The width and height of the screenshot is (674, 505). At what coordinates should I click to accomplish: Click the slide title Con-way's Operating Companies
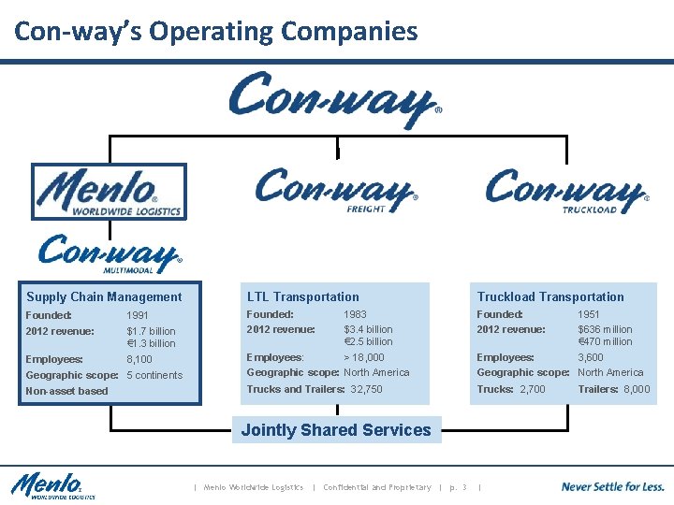216,32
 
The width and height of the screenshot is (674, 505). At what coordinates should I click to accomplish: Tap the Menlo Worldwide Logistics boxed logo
109,192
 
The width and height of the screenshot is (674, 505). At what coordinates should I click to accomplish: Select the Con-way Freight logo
336,190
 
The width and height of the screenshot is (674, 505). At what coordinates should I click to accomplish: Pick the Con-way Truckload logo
565,191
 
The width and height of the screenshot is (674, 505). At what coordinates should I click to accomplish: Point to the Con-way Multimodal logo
110,253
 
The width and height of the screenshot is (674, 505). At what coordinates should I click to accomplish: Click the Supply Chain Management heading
104,297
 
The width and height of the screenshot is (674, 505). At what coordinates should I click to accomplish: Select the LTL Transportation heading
302,296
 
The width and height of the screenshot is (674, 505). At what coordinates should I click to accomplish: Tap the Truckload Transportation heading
550,296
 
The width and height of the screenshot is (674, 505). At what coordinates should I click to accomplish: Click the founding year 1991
138,316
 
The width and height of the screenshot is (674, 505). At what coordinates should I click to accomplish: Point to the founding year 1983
355,314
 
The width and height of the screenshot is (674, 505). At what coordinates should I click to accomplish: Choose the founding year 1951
589,314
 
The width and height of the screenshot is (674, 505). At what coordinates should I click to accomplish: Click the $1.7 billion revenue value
151,331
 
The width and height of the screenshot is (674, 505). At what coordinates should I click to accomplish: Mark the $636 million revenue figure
605,329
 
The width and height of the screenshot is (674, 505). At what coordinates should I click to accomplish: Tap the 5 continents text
154,375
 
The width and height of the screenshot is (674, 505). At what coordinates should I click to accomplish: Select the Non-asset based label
66,391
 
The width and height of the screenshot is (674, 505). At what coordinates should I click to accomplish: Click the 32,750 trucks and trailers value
366,389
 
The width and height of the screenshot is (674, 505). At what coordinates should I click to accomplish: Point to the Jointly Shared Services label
336,430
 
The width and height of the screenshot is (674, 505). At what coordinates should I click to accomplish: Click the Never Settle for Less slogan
612,486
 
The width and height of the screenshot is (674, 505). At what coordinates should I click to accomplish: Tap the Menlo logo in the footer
53,486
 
